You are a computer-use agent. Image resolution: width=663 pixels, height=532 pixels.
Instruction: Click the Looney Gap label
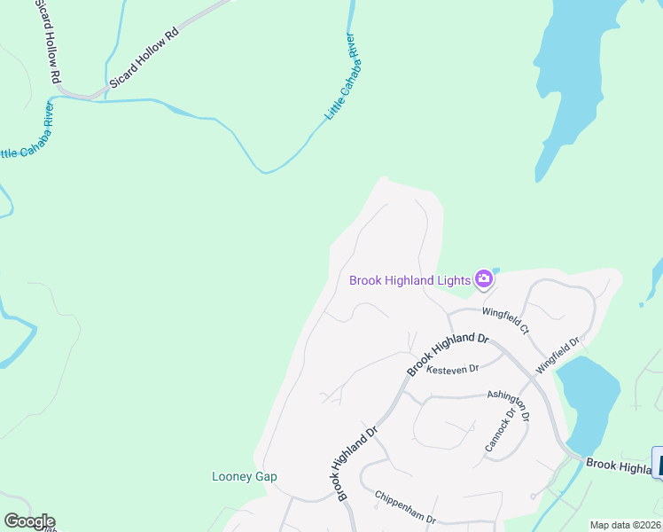(245, 476)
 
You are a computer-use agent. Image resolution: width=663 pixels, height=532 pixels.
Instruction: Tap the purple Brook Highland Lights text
(409, 280)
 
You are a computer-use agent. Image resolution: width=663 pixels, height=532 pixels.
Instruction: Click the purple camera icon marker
(484, 280)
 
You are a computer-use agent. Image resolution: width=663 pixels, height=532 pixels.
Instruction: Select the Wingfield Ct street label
(506, 321)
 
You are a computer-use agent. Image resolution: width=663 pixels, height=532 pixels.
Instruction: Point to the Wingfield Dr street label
(557, 354)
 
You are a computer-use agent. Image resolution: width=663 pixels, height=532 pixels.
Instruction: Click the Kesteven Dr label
(452, 369)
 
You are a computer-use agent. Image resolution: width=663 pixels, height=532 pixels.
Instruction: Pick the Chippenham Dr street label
(405, 507)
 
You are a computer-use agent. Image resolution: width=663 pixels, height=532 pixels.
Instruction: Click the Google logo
(29, 521)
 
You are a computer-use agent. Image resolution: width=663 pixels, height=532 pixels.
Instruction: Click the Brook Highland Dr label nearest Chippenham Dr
(356, 462)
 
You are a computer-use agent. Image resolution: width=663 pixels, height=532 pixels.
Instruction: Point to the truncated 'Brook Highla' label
(618, 465)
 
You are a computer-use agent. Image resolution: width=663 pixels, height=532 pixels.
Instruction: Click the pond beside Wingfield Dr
(588, 401)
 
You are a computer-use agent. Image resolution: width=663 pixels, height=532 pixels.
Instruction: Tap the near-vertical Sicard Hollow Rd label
(46, 42)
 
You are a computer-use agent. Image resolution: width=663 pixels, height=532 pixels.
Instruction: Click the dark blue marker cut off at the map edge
(657, 463)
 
